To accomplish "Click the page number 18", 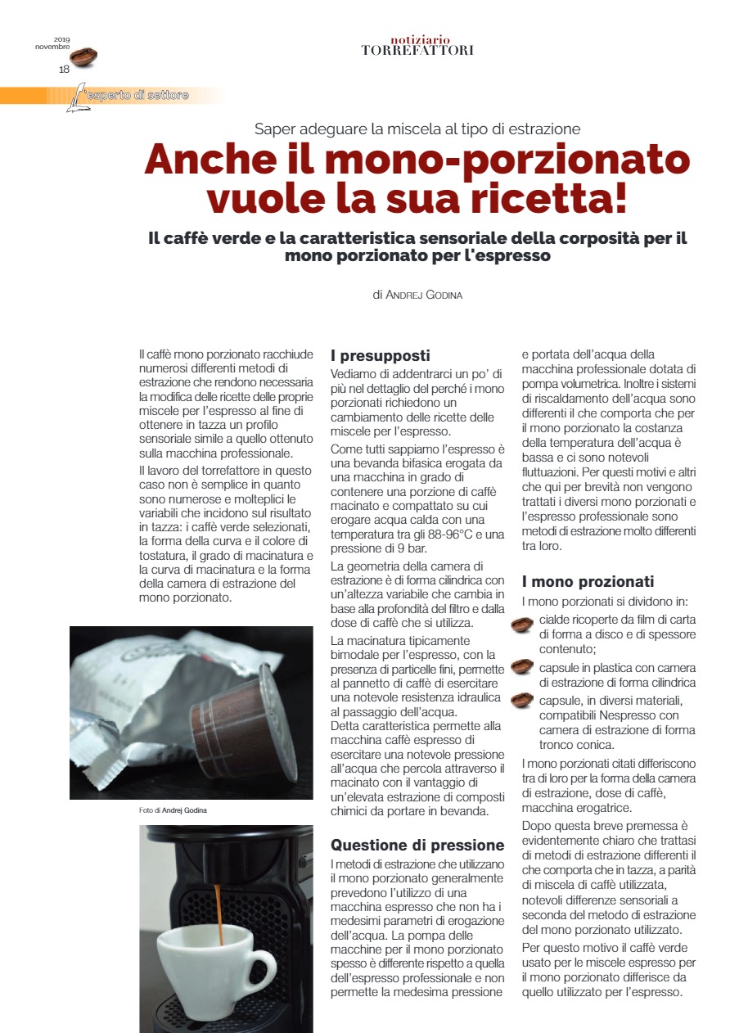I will [x=64, y=70].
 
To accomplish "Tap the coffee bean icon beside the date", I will [x=83, y=56].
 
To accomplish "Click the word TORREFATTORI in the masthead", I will [x=417, y=51].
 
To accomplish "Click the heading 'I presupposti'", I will [x=380, y=356].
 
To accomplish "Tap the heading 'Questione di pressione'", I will [x=417, y=845].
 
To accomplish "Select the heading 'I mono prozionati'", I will [x=588, y=582].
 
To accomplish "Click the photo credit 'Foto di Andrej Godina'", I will [x=173, y=810].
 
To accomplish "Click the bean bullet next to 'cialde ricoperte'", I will [x=522, y=626].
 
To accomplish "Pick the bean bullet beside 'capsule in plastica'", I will [x=522, y=667].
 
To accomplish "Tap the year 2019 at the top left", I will [x=62, y=38].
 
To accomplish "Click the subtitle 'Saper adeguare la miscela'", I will [x=417, y=129].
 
